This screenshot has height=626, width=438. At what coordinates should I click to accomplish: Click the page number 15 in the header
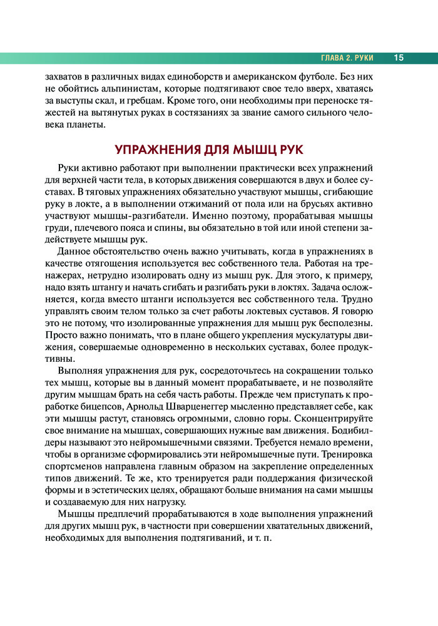(x=399, y=58)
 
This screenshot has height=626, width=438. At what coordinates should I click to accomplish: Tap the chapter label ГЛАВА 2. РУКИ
(x=347, y=58)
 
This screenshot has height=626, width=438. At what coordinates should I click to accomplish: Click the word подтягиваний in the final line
(x=209, y=539)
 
